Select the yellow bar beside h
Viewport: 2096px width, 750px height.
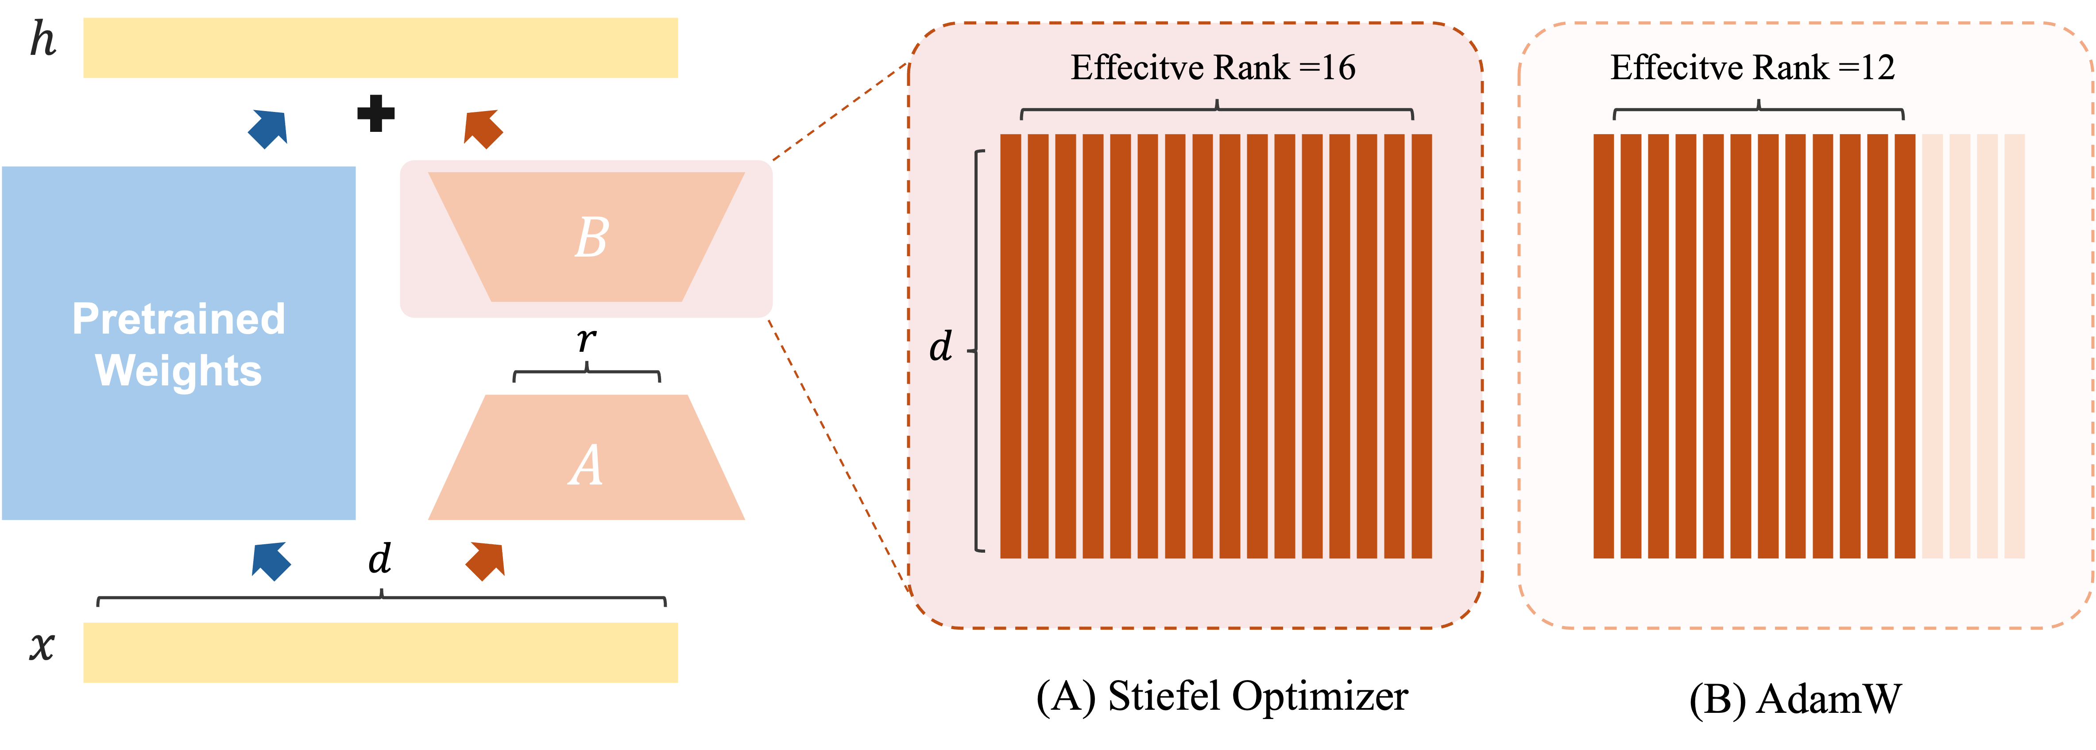coord(380,48)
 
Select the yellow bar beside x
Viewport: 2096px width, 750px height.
coord(380,652)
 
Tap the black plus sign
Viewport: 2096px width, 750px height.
coord(376,113)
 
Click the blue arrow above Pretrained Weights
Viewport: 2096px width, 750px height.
coord(268,128)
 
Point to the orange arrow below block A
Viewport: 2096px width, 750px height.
coord(486,561)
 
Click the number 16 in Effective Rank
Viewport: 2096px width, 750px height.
coord(1338,68)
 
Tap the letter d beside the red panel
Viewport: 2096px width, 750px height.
coord(940,347)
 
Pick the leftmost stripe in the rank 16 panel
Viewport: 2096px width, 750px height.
coord(1010,346)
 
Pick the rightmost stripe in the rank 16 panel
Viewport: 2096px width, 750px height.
coord(1422,346)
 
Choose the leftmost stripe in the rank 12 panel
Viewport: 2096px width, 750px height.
coord(1603,346)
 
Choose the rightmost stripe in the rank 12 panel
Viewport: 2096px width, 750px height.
coord(1905,346)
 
